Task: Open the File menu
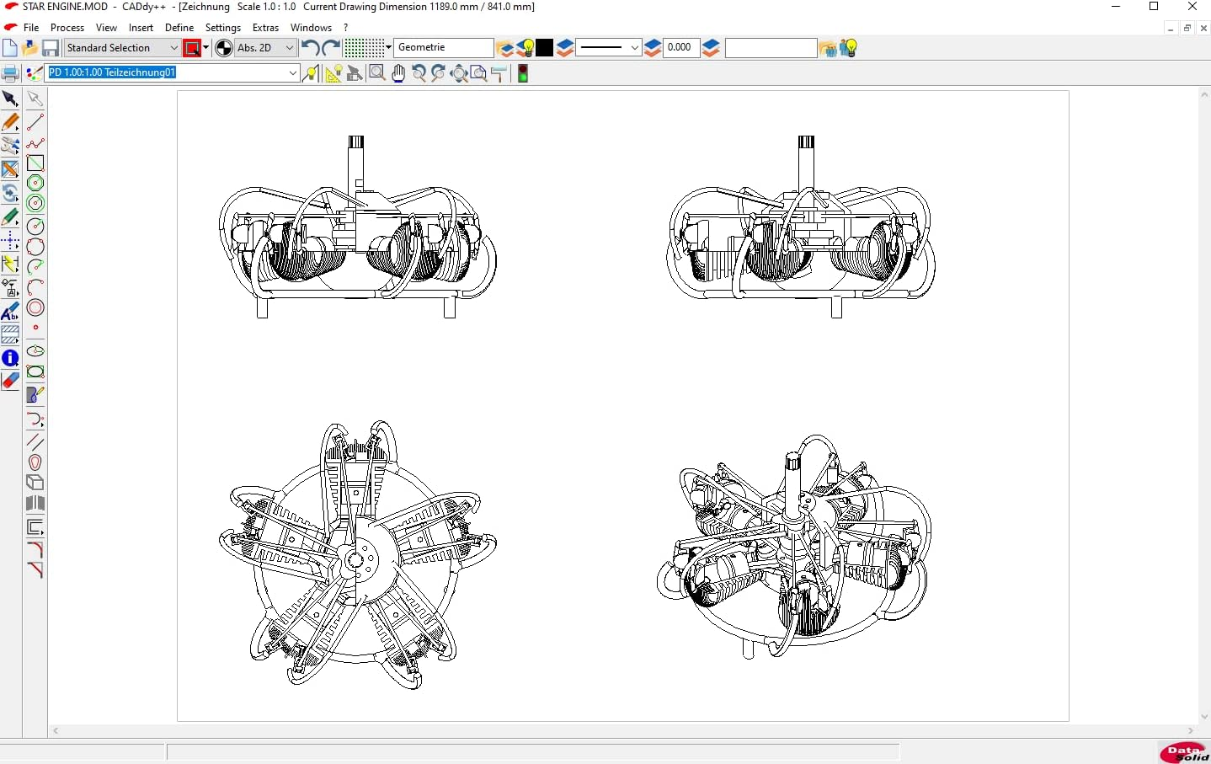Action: pos(30,28)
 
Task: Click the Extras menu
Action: pos(265,28)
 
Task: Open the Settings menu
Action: pos(223,28)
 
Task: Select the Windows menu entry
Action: pos(311,28)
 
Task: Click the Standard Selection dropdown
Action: pos(122,48)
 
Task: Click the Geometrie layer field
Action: pos(444,48)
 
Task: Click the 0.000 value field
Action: pos(680,48)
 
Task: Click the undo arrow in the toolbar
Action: pos(310,48)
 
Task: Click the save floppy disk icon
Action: pos(51,48)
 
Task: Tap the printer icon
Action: pos(10,73)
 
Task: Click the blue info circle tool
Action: pos(10,359)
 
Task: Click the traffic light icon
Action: pos(523,73)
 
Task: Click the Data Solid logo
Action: pos(1184,752)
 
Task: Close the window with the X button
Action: pos(1192,7)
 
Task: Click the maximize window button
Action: pos(1154,7)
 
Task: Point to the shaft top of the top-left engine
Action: pos(356,142)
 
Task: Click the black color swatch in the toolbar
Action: pos(545,48)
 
